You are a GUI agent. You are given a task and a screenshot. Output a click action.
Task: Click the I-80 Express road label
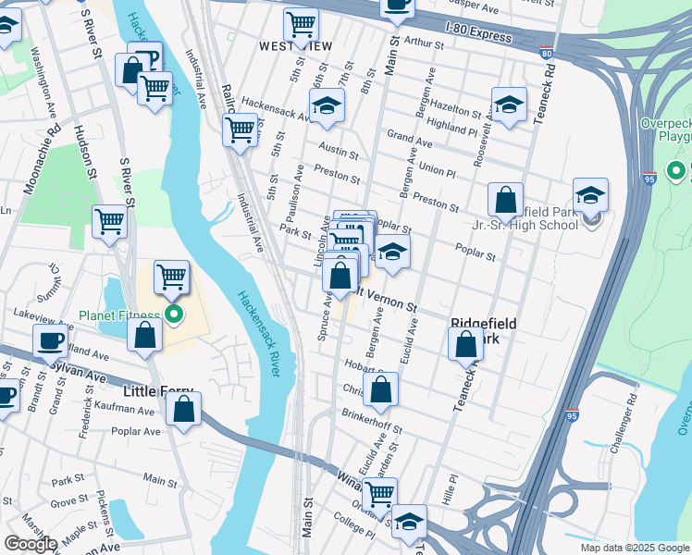tap(477, 35)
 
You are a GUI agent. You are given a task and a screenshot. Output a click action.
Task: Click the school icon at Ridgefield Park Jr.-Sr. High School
tap(590, 195)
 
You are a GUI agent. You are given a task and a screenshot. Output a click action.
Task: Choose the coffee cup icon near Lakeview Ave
tap(51, 340)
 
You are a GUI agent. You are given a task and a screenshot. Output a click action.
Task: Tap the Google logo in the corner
tap(31, 544)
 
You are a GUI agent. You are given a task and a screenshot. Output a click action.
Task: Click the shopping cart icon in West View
tap(301, 26)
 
